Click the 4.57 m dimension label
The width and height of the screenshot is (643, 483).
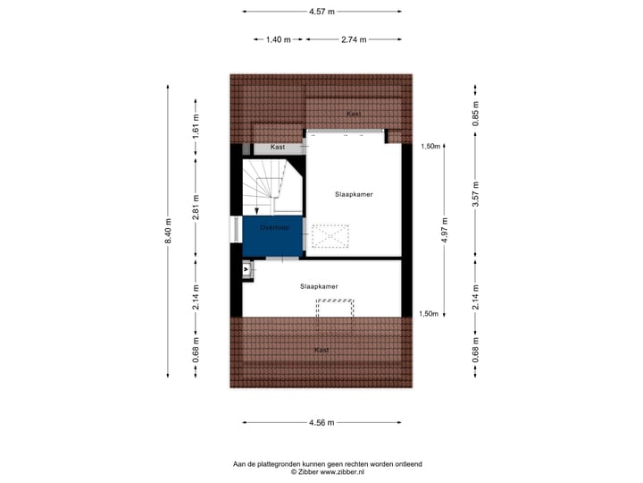pos(321,12)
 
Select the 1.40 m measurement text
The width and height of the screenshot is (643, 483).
pos(279,40)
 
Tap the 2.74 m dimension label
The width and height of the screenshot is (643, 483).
pos(354,40)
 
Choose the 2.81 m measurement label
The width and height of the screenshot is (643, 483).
pos(196,208)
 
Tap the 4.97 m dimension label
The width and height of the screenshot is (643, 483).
pos(443,230)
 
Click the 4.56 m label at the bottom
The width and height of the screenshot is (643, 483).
pos(321,422)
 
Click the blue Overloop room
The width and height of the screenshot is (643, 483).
pos(272,237)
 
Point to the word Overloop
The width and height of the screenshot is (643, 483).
pos(274,228)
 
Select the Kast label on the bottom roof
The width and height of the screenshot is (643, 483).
pos(321,350)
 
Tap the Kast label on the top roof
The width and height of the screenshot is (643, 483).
pos(354,114)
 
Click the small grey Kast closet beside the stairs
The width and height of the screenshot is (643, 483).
pos(278,147)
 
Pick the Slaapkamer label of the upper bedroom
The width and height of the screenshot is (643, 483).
pos(354,194)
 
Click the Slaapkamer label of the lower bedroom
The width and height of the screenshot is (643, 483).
pos(319,286)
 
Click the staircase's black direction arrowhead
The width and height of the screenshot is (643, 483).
pos(256,211)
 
